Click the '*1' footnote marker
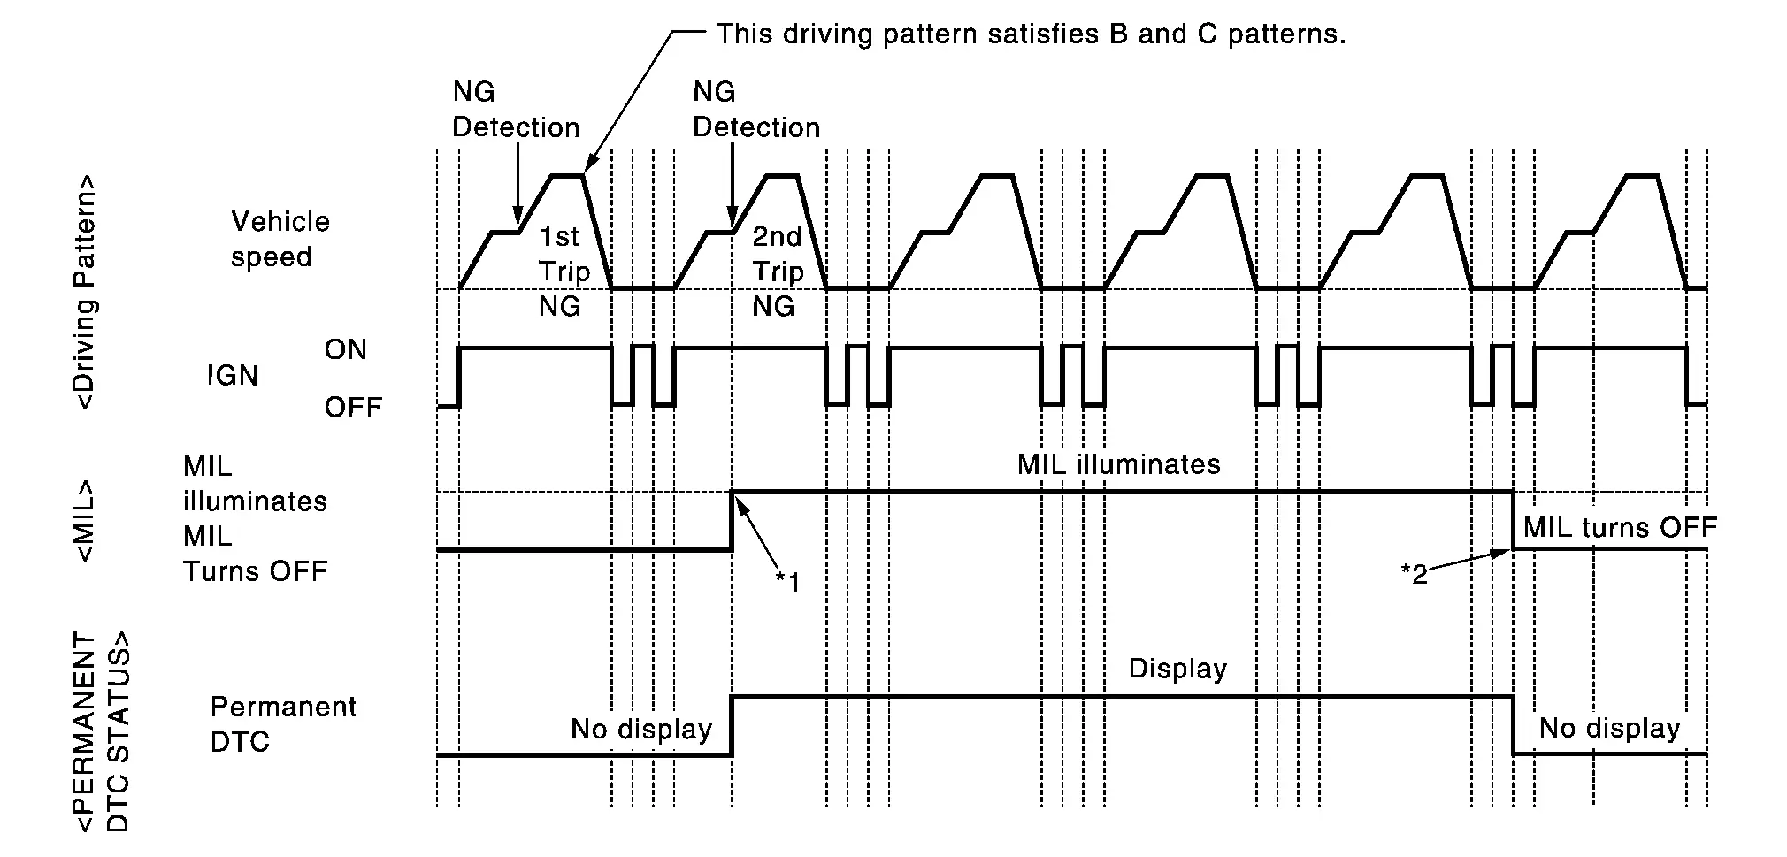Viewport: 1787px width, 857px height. [x=786, y=582]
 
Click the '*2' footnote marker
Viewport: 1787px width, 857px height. [x=1414, y=575]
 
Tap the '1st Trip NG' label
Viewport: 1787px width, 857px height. [x=563, y=272]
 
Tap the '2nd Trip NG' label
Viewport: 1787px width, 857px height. [x=777, y=272]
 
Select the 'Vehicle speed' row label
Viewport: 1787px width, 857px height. [x=279, y=239]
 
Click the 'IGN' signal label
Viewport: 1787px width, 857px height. [x=232, y=376]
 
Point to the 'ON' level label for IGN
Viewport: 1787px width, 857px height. [x=345, y=349]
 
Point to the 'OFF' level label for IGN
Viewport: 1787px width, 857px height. [x=353, y=408]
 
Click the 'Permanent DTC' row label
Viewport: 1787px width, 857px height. [x=282, y=723]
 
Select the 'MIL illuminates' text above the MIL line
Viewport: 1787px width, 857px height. [x=1118, y=464]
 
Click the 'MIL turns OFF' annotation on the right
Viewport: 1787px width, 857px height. [x=1619, y=528]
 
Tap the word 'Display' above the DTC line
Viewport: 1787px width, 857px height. [x=1177, y=669]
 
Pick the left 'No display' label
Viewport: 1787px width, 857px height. [x=641, y=729]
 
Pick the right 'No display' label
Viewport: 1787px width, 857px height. [x=1609, y=728]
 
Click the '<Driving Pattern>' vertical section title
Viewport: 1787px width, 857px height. [x=86, y=292]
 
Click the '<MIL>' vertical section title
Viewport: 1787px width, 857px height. [x=86, y=521]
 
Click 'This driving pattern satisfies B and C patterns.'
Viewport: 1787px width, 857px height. [x=1031, y=34]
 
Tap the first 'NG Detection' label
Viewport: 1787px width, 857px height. [x=515, y=110]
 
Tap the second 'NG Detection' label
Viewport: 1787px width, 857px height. [x=755, y=110]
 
